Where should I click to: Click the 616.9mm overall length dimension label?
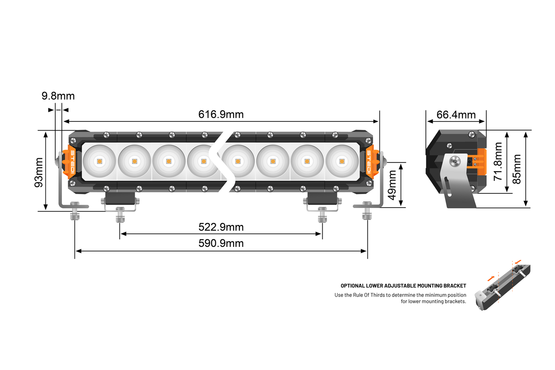pos(221,114)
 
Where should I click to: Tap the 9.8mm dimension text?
pos(58,96)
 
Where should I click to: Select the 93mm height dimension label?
pos(39,172)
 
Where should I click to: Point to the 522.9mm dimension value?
pos(221,227)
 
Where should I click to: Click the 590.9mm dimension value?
pos(221,243)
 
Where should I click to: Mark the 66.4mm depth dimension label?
pos(456,115)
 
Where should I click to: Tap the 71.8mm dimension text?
pos(498,162)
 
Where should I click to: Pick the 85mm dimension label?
pos(516,169)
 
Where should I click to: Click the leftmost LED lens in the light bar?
pos(100,161)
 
